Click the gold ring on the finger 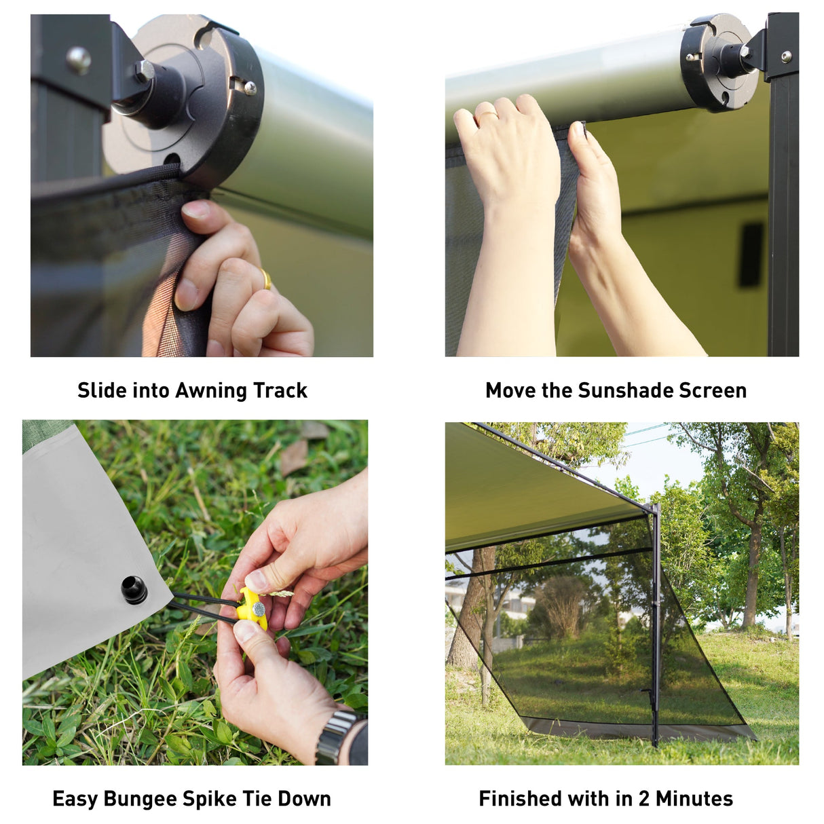pyautogui.click(x=266, y=279)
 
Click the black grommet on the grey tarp pyautogui.click(x=134, y=589)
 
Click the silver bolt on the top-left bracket pyautogui.click(x=79, y=60)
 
